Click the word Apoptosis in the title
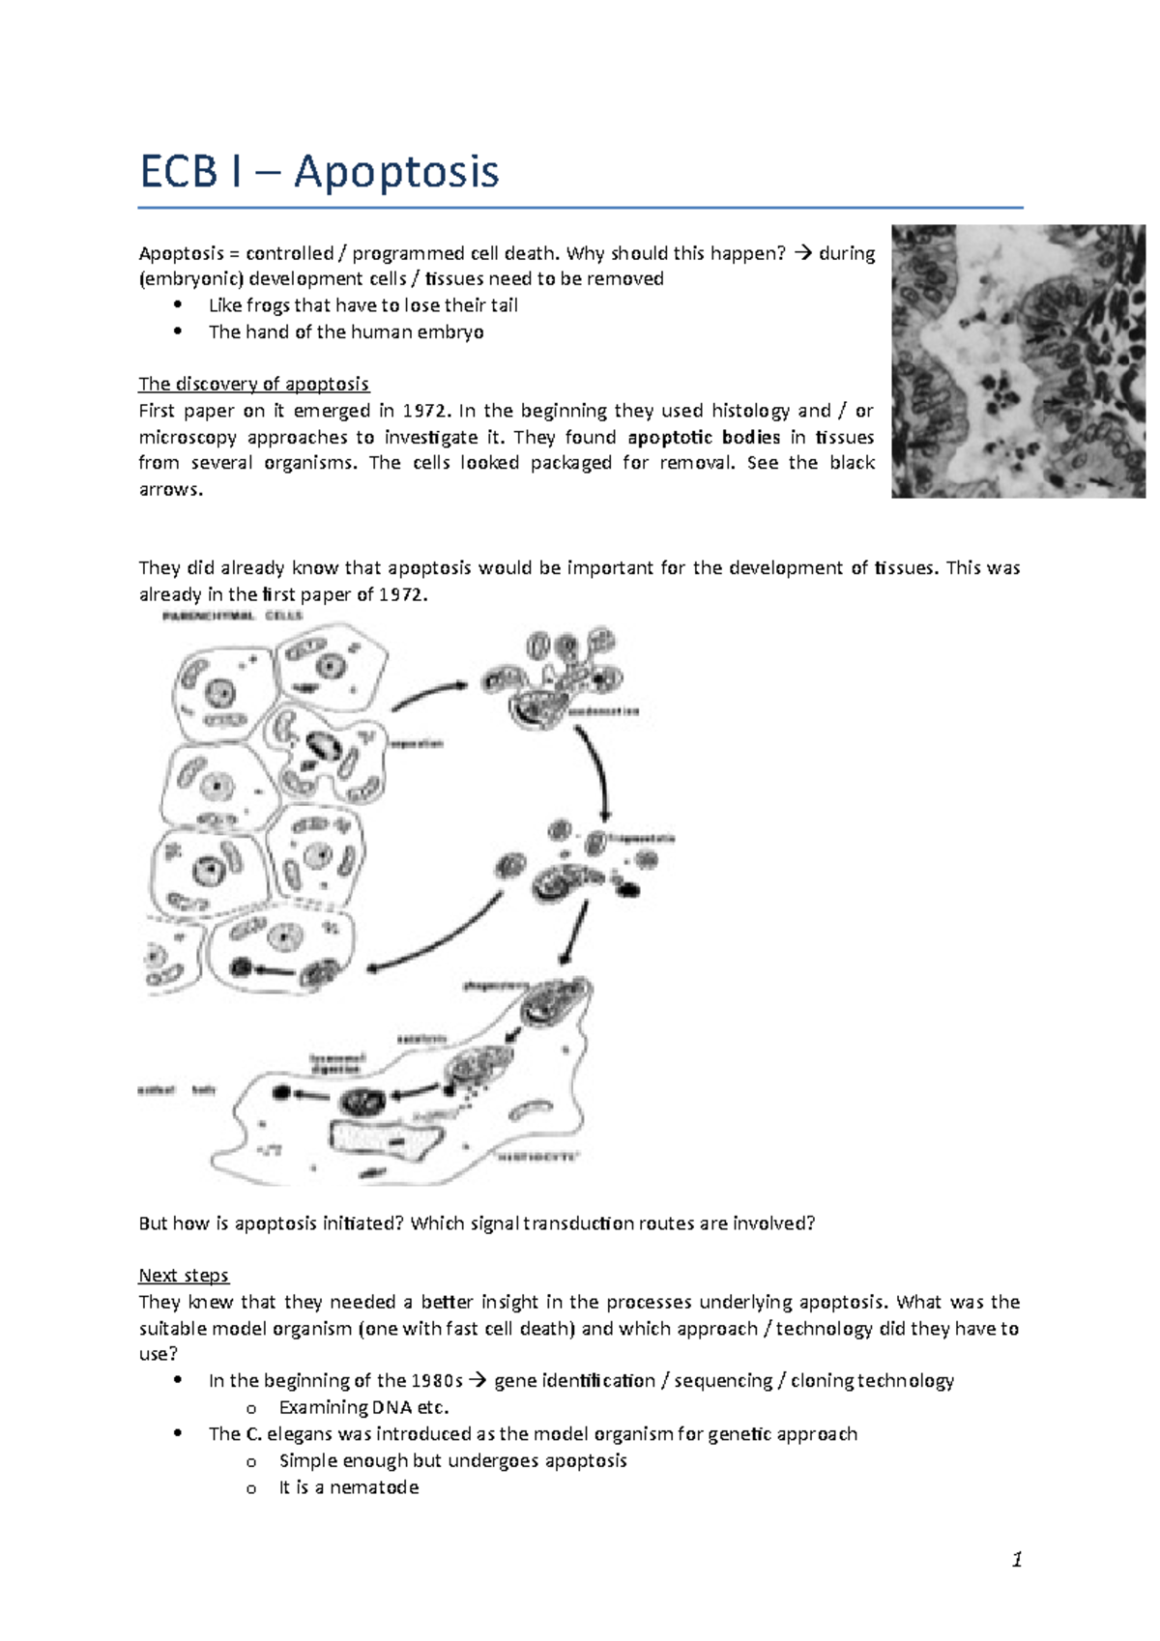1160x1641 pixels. (396, 172)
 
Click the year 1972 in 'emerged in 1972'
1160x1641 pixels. (426, 411)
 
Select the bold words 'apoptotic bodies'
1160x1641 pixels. (704, 437)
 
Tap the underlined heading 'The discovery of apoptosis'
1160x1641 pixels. (253, 384)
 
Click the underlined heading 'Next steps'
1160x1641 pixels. (184, 1276)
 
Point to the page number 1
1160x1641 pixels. (1016, 1559)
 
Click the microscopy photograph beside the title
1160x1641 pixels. (1017, 361)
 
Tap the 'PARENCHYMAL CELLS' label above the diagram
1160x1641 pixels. (232, 616)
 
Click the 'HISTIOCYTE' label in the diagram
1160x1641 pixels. (536, 1156)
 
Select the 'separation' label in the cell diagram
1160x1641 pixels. (416, 744)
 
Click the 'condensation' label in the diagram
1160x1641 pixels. (604, 711)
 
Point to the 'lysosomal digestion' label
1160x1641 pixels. (337, 1063)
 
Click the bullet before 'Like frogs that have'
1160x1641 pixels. (177, 304)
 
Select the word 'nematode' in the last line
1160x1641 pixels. (374, 1487)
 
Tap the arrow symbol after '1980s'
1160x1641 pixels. (478, 1381)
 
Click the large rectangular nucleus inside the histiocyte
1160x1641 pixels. (382, 1138)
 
